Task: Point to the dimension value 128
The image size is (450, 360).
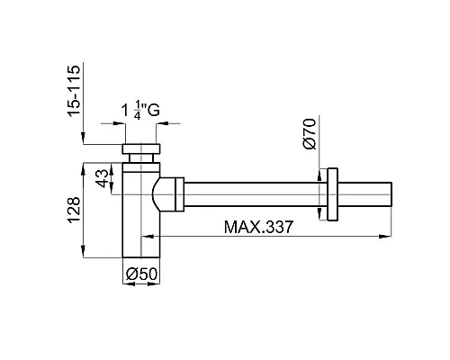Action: point(76,209)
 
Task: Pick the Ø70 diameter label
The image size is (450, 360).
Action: point(308,131)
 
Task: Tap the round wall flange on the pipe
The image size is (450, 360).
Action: point(334,193)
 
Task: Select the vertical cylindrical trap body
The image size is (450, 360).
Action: point(141,216)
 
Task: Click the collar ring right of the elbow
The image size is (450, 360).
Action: point(182,193)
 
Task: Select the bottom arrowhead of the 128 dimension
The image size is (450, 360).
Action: point(85,254)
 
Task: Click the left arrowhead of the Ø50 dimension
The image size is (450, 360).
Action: point(127,285)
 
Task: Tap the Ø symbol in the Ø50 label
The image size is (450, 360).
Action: point(130,272)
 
